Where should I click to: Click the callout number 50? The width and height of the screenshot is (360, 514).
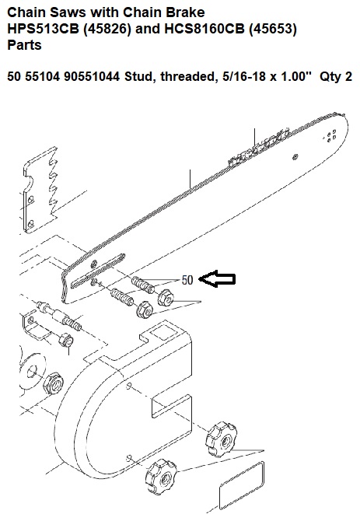187,280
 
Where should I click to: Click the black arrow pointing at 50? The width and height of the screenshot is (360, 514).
218,279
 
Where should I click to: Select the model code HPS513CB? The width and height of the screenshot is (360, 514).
44,29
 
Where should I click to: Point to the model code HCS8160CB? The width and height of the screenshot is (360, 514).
204,29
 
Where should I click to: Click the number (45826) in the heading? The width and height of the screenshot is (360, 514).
107,29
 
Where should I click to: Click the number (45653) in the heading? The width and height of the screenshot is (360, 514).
273,29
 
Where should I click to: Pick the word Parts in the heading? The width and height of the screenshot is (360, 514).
25,45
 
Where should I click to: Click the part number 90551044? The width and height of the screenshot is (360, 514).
92,77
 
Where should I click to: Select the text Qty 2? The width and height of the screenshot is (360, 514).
335,77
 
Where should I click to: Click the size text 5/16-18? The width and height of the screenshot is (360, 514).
242,77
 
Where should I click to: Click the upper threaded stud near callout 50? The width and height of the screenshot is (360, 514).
143,285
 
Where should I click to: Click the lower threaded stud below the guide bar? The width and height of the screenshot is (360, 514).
122,296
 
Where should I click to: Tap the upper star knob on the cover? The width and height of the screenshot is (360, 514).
221,440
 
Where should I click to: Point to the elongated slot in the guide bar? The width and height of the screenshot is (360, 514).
98,270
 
